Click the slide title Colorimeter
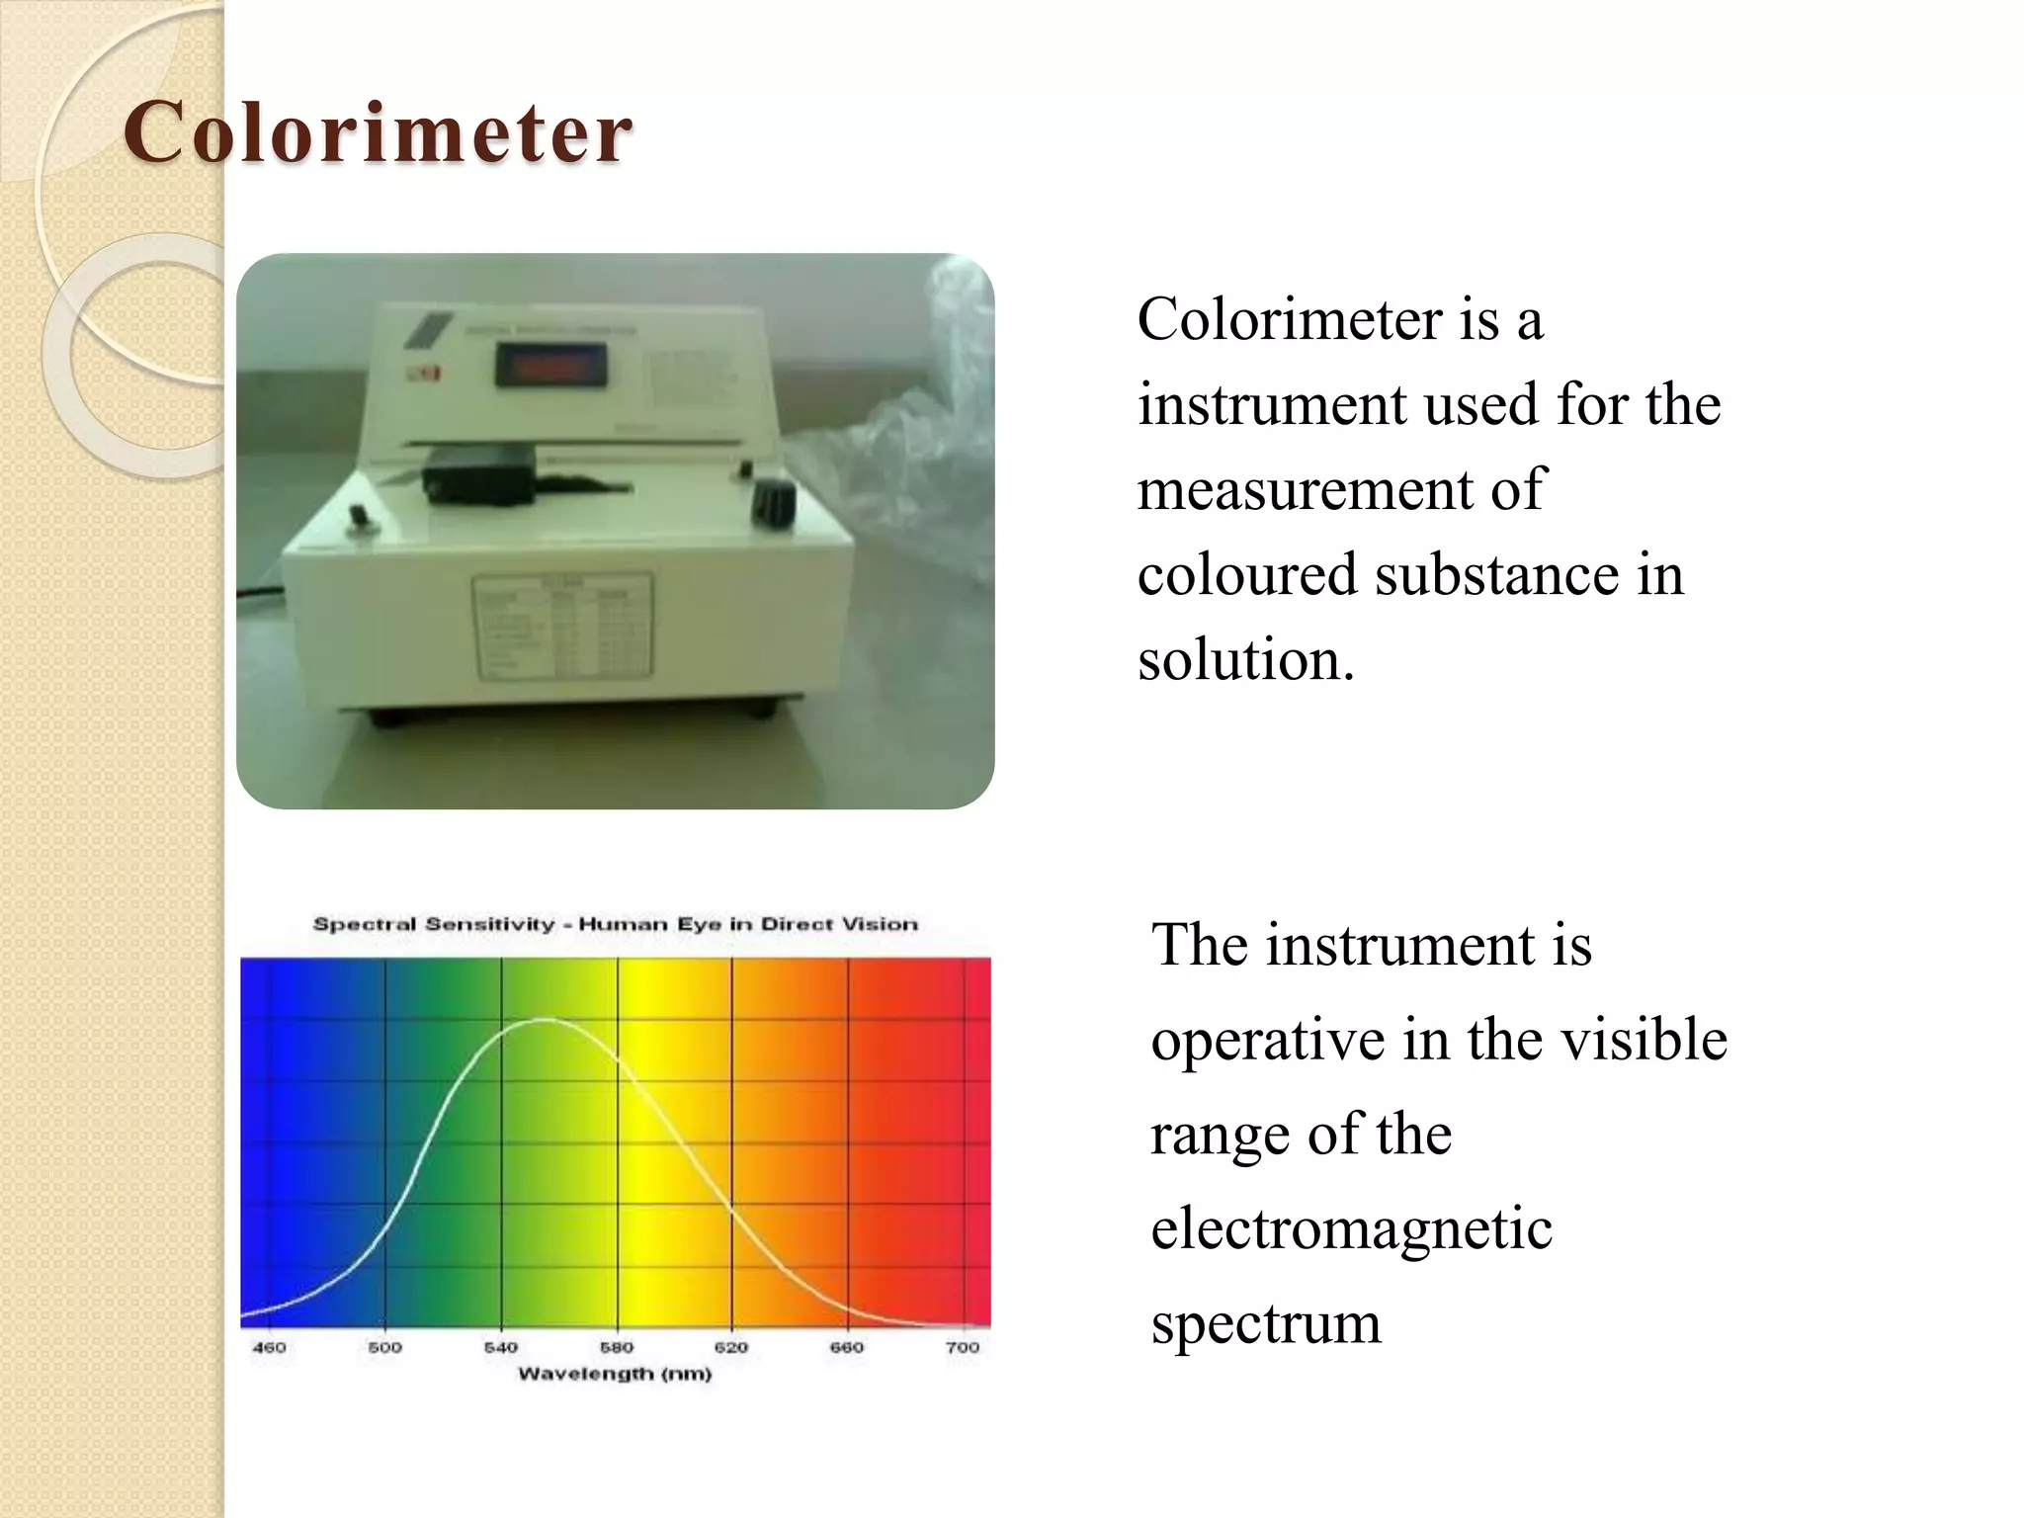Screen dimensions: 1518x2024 click(x=378, y=132)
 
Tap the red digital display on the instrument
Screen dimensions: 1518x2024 click(x=550, y=367)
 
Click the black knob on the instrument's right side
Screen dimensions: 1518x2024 click(x=772, y=503)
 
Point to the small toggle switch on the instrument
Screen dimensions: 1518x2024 click(x=362, y=518)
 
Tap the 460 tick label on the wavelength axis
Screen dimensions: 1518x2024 click(x=269, y=1347)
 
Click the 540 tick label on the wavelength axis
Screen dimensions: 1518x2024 click(x=501, y=1347)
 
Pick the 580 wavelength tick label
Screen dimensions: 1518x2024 click(x=617, y=1347)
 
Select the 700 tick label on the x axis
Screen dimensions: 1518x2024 click(x=963, y=1347)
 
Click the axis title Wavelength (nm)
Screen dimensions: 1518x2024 click(x=615, y=1374)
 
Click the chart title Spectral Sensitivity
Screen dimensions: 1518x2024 click(x=615, y=924)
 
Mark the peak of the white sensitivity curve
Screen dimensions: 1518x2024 click(x=546, y=1019)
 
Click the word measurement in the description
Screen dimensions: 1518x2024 click(x=1340, y=490)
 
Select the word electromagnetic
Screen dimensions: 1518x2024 click(x=1351, y=1228)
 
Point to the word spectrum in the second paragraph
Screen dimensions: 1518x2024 click(x=1266, y=1323)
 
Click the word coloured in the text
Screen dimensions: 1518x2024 click(x=1246, y=575)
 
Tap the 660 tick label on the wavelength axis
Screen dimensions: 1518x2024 click(x=847, y=1347)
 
